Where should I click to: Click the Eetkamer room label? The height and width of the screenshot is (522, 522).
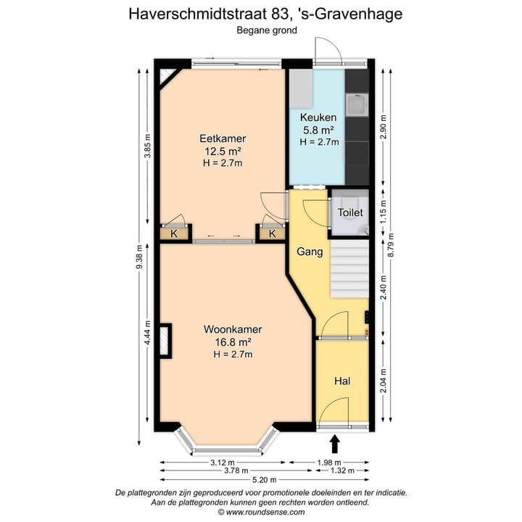tap(223, 138)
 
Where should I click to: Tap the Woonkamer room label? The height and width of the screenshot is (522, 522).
tap(232, 329)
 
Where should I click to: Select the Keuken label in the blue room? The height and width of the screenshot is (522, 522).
tap(318, 117)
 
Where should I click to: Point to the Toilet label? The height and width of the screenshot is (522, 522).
tap(349, 213)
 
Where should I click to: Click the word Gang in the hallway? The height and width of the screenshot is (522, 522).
tap(310, 252)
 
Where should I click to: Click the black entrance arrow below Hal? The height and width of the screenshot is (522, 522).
tap(335, 443)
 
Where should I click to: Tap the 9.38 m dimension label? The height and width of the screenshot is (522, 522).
tap(139, 257)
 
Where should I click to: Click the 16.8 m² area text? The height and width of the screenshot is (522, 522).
tap(232, 341)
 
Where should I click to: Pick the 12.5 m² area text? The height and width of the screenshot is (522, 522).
tap(223, 151)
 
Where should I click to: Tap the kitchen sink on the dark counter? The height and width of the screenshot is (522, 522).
tap(356, 107)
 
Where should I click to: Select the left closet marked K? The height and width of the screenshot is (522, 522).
tap(174, 233)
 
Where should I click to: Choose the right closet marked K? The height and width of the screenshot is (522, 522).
tap(272, 233)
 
